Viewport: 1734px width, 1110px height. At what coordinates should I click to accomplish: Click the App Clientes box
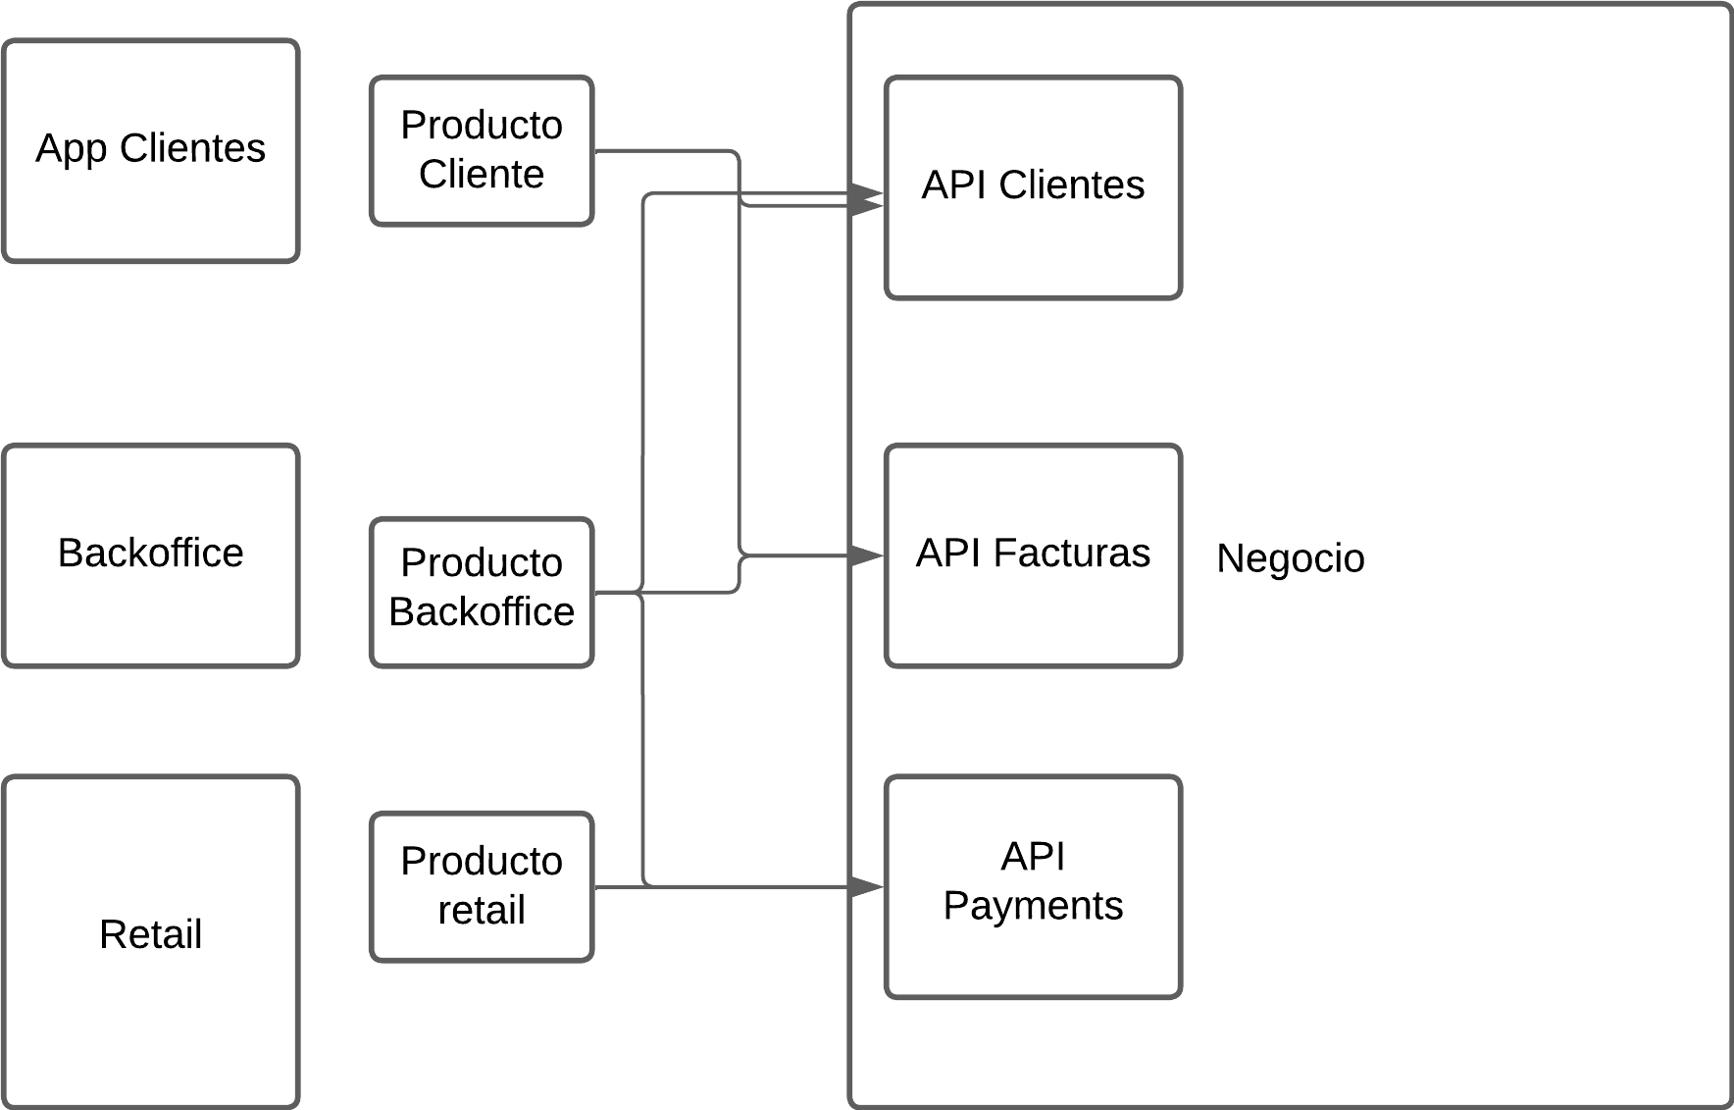(150, 150)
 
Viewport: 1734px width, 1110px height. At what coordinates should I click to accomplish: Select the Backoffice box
(150, 555)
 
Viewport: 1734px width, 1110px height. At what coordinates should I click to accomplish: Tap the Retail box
(150, 941)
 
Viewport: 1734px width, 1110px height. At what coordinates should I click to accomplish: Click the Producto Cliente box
(482, 150)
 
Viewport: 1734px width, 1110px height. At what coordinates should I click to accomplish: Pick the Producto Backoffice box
(482, 592)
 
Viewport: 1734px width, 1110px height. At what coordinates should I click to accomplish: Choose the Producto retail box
(482, 886)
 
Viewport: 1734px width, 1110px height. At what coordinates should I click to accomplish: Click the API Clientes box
(1033, 187)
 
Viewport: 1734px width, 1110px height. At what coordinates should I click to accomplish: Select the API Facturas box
(1033, 555)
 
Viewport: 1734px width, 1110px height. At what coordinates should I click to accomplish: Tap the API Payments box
(1033, 886)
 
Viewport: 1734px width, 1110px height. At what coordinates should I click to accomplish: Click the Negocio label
(1290, 558)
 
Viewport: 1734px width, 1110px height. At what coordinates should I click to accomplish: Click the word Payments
(1033, 906)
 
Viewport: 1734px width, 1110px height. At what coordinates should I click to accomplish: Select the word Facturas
(1071, 554)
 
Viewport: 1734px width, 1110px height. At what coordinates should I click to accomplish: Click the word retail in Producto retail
(482, 911)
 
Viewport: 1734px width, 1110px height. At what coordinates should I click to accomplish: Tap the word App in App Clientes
(71, 149)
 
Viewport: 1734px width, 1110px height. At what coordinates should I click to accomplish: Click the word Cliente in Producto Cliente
(482, 175)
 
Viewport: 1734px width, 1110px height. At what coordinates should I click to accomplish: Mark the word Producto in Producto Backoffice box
(482, 563)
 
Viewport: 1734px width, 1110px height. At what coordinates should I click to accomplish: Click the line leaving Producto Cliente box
(667, 151)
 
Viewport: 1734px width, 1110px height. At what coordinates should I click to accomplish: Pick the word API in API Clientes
(953, 185)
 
